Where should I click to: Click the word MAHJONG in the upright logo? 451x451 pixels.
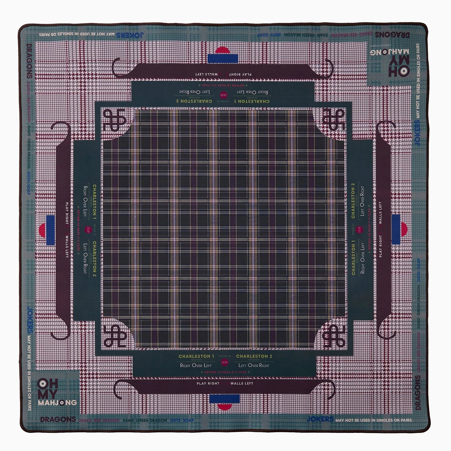point(57,403)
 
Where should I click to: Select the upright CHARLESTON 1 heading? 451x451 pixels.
point(196,356)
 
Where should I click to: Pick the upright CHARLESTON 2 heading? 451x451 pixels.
point(254,356)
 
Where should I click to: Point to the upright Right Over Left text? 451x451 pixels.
point(196,365)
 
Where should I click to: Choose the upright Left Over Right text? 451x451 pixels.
point(254,365)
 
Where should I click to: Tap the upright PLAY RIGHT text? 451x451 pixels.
point(208,383)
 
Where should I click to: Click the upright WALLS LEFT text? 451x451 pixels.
point(242,383)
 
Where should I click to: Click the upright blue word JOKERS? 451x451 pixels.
point(320,419)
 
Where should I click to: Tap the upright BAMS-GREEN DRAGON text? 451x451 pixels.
point(145,420)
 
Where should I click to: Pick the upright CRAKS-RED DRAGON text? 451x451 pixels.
point(99,420)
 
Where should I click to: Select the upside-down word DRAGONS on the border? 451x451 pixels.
point(392,35)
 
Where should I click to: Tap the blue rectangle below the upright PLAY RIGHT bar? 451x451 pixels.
point(225,399)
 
